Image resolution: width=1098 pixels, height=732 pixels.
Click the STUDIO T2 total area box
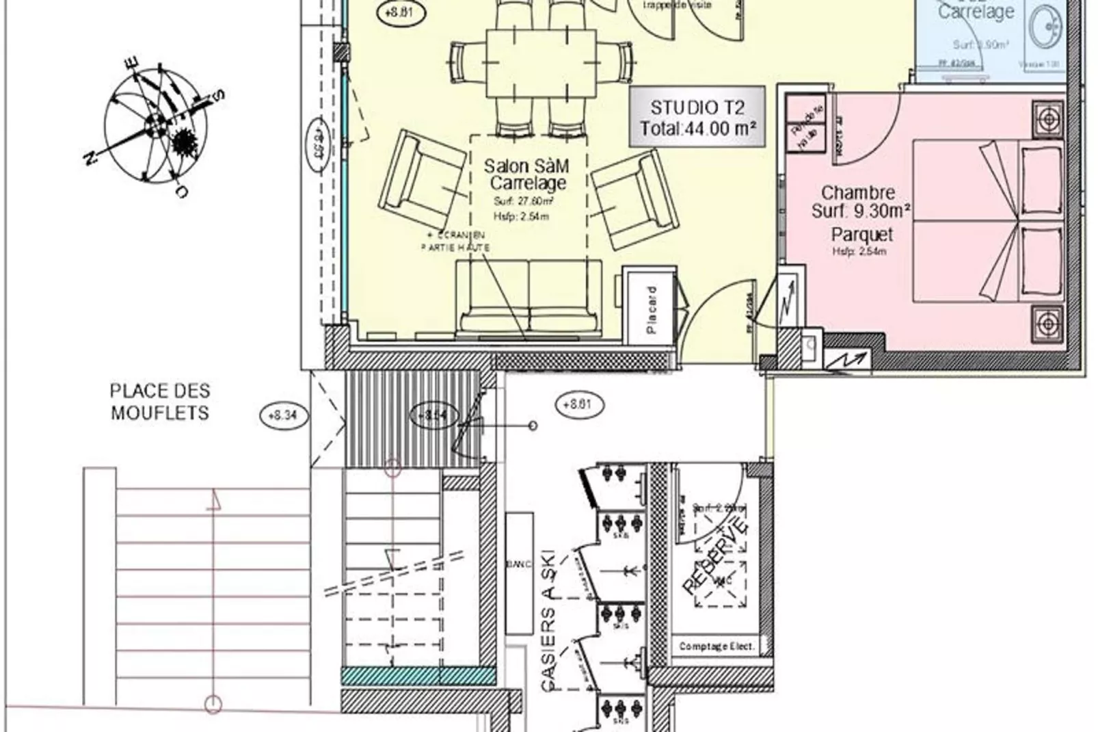(697, 117)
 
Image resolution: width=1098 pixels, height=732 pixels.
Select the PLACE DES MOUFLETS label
(159, 402)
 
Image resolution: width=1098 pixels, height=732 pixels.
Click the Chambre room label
(858, 193)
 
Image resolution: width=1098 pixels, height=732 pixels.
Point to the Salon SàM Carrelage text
(526, 174)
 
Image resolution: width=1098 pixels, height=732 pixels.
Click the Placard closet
(650, 309)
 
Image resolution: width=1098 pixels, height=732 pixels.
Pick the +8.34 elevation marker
(283, 415)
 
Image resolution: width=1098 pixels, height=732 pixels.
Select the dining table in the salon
(541, 64)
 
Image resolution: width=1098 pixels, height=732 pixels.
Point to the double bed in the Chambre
(971, 220)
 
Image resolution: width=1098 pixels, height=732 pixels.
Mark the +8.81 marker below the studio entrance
(576, 404)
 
